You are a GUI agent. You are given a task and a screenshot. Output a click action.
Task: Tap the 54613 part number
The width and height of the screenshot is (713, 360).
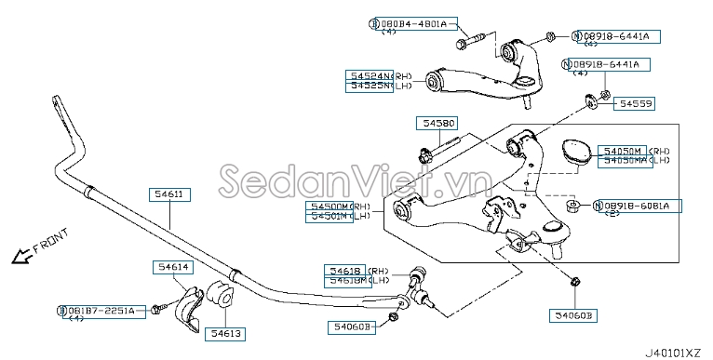coord(223,332)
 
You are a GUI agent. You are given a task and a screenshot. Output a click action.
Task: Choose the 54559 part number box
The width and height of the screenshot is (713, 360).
coord(638,105)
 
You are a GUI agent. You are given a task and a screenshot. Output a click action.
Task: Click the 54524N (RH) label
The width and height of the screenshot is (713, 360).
coord(370,75)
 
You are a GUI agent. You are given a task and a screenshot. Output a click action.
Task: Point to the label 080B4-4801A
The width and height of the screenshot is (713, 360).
coord(412,22)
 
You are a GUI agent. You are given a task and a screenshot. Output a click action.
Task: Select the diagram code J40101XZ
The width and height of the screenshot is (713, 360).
coord(676,352)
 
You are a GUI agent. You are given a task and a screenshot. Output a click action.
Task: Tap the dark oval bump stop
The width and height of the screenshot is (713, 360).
coord(575,151)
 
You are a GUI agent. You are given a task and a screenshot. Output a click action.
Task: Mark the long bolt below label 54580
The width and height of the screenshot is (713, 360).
coord(438,152)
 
